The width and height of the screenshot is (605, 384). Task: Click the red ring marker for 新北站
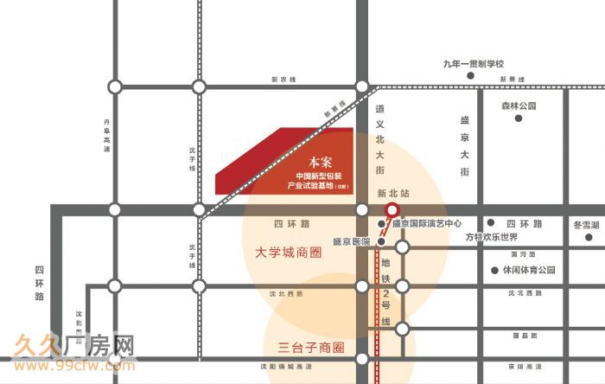coord(392,210)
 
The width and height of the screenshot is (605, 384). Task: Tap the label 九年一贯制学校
coord(472,64)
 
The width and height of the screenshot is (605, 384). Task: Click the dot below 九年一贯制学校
coord(471,76)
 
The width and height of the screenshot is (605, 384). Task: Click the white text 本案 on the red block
coord(320,162)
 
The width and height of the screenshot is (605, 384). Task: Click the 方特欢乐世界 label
coord(490,237)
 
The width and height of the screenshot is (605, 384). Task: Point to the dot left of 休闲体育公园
coord(494,270)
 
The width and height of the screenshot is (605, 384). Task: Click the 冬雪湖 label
coord(586,224)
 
